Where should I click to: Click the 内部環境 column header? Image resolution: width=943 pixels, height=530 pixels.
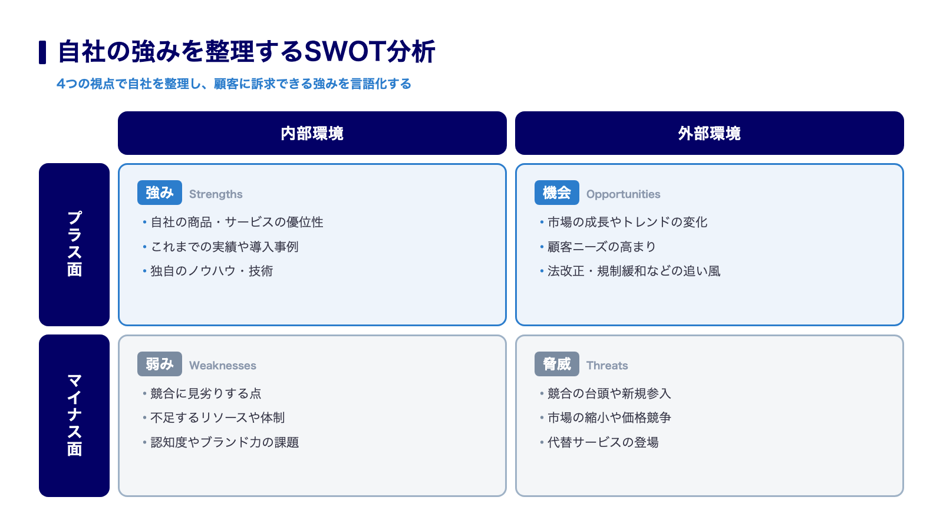312,133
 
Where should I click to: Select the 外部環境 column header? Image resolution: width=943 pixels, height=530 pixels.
710,133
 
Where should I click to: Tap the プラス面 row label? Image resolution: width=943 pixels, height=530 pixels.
74,244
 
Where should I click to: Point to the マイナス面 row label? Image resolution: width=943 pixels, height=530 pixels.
74,416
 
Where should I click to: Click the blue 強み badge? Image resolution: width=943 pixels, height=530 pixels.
160,193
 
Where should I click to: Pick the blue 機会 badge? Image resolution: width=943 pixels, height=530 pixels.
556,193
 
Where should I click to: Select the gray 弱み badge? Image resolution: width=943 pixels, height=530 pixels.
160,364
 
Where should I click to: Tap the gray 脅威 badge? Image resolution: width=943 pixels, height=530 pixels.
556,364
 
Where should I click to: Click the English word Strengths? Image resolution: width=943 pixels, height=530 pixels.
216,194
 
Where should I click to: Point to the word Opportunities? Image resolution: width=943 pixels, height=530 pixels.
623,194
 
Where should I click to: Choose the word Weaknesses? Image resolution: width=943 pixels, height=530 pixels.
222,365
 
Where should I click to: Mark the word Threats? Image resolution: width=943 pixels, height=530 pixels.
607,365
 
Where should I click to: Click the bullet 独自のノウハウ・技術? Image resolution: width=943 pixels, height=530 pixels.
212,271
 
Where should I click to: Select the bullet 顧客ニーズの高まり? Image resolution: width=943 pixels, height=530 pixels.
602,247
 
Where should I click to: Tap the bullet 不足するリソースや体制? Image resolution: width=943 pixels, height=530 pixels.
217,418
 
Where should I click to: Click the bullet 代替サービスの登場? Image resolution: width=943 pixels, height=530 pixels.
603,442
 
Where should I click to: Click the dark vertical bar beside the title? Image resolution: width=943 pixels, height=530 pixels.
42,52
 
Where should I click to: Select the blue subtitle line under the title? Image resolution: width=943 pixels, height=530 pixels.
233,84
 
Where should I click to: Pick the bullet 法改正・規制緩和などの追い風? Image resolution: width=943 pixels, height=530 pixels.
634,271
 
